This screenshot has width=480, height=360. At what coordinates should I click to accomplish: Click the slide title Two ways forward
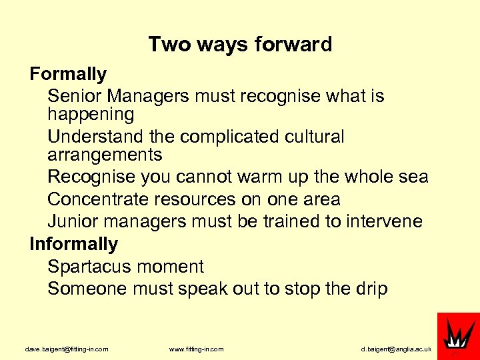click(240, 45)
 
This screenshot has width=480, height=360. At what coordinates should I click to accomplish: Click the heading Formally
click(68, 73)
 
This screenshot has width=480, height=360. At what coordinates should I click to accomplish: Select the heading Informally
click(73, 244)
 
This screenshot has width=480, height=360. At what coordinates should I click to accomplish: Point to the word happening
click(91, 115)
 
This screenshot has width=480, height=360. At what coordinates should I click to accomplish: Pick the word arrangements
click(105, 155)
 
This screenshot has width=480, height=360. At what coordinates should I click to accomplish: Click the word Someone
click(88, 289)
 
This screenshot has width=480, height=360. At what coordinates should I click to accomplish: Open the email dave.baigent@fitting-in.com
click(67, 349)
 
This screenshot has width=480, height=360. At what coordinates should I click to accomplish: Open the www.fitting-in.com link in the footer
click(197, 349)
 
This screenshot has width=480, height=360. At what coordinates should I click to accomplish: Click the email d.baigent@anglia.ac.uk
click(396, 349)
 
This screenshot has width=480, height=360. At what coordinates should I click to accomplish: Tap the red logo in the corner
click(458, 335)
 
